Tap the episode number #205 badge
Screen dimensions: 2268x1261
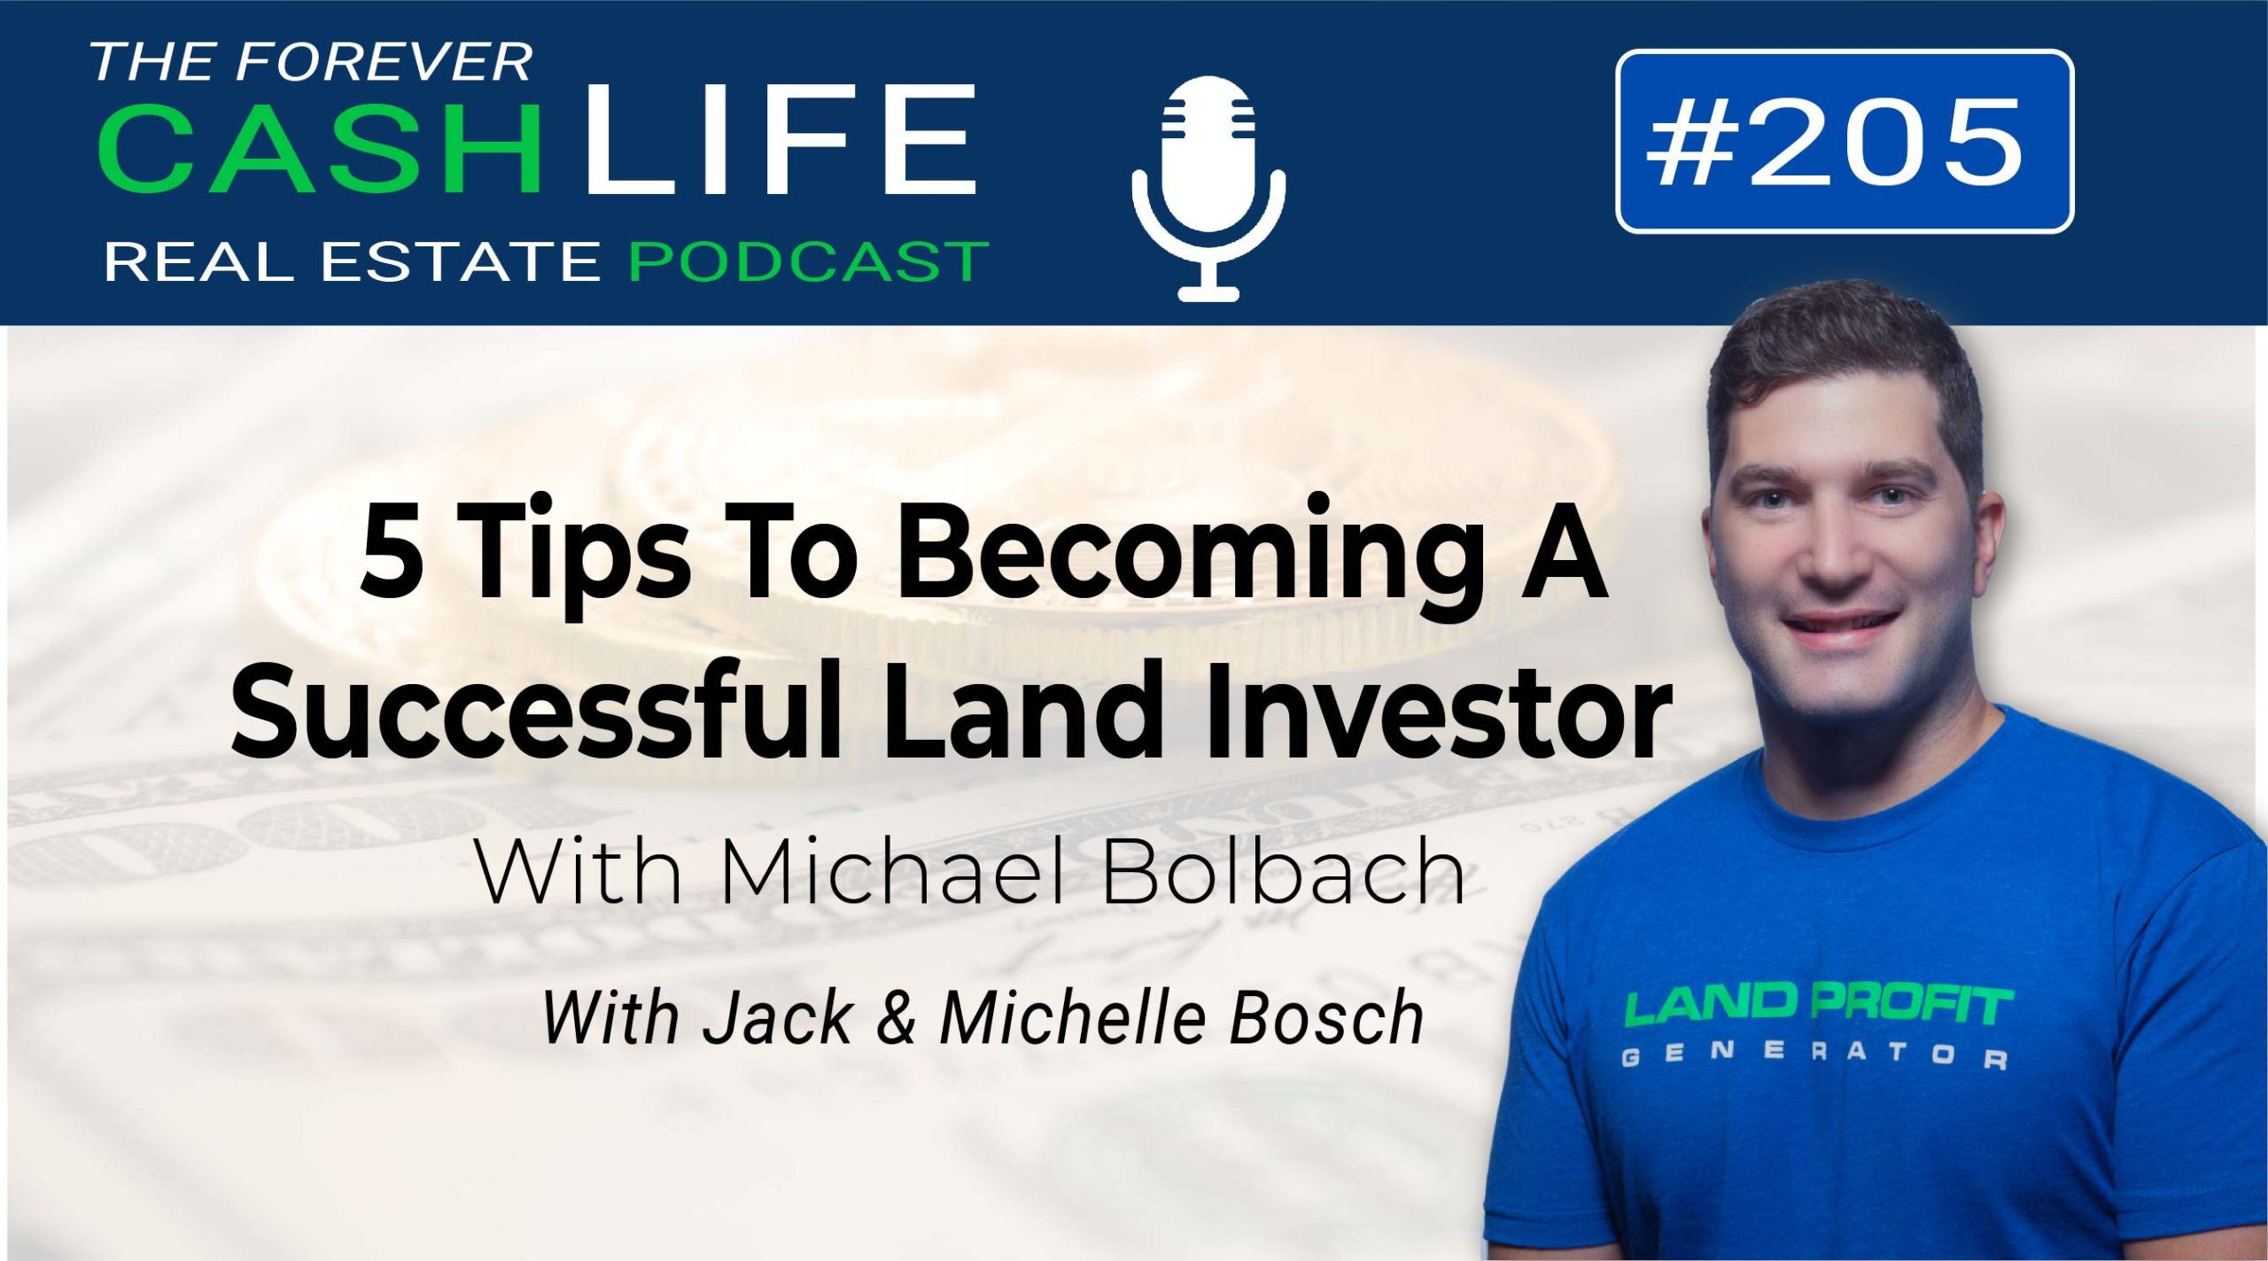(x=1844, y=142)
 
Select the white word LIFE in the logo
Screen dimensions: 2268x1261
(x=781, y=139)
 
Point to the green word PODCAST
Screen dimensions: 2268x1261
(x=808, y=261)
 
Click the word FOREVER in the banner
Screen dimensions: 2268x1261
(x=384, y=62)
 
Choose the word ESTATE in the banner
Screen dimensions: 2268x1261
(x=461, y=262)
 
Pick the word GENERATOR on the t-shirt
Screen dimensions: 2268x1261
(x=1815, y=1055)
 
